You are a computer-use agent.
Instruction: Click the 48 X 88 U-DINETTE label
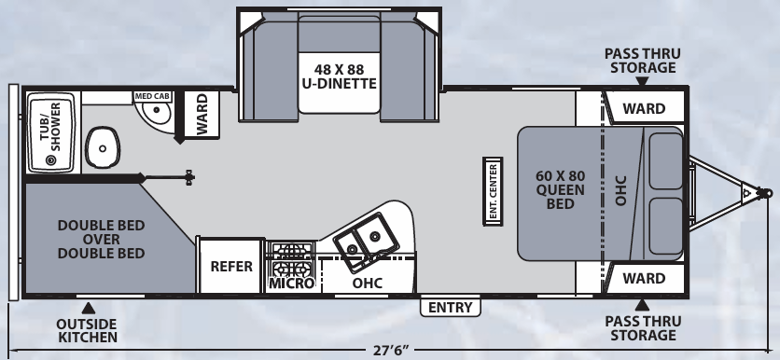pyautogui.click(x=339, y=75)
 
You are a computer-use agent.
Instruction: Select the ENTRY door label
pyautogui.click(x=452, y=307)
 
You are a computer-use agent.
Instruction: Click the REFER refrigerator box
pyautogui.click(x=231, y=266)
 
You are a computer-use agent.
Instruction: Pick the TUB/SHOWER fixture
pyautogui.click(x=50, y=132)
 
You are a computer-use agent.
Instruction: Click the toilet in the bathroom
pyautogui.click(x=100, y=145)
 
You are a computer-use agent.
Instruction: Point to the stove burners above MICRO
pyautogui.click(x=291, y=256)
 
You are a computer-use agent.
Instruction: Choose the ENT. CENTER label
pyautogui.click(x=492, y=192)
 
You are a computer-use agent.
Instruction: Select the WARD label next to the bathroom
pyautogui.click(x=202, y=114)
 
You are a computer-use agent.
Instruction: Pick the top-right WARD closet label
pyautogui.click(x=644, y=108)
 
